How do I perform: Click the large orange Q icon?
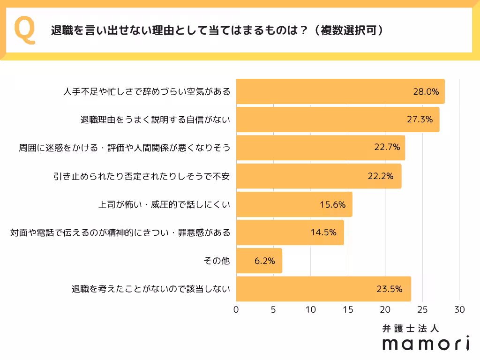click(x=25, y=30)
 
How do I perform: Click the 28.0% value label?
click(x=426, y=91)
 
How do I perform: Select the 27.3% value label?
click(x=419, y=120)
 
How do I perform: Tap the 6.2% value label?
click(x=264, y=261)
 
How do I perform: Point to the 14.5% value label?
click(x=323, y=232)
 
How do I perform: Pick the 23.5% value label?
click(x=389, y=289)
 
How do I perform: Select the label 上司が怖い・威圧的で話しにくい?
click(x=164, y=204)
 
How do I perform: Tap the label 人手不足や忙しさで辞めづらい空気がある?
click(x=147, y=91)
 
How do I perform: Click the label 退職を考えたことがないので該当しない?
click(x=150, y=289)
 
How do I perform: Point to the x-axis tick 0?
click(x=236, y=310)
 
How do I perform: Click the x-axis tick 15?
click(x=348, y=310)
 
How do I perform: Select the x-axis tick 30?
click(x=459, y=310)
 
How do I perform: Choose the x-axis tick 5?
click(x=273, y=310)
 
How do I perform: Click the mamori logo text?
click(x=425, y=343)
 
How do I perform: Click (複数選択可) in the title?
click(x=349, y=30)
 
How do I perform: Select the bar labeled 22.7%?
click(x=321, y=148)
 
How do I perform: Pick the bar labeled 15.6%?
click(x=294, y=204)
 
